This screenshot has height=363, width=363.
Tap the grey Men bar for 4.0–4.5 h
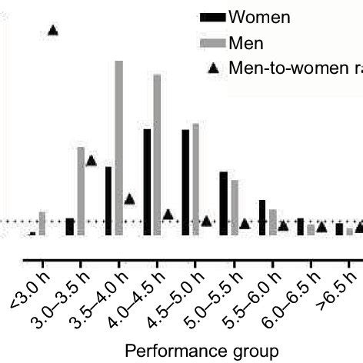(158, 155)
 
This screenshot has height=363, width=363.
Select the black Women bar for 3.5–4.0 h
(108, 201)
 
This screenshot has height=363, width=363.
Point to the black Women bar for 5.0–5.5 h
(224, 203)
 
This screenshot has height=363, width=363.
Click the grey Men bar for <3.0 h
(42, 223)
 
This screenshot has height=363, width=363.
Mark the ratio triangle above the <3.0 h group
(53, 30)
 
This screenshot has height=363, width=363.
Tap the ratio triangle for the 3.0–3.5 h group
(91, 161)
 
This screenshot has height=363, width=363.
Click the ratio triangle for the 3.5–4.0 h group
(129, 199)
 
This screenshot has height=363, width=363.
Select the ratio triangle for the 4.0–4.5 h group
(168, 215)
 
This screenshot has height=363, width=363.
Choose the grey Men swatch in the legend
(212, 42)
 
